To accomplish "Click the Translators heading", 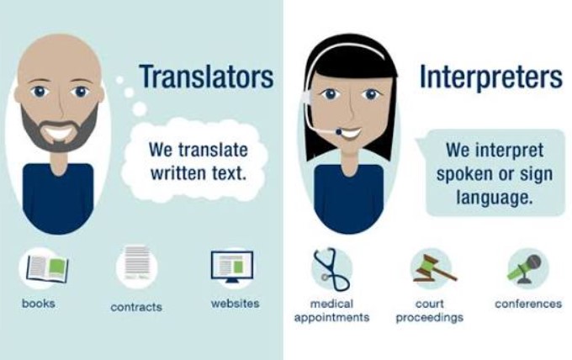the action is [206, 77].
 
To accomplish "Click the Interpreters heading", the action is [491, 77].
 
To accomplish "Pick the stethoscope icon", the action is [331, 269].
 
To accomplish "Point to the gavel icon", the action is [434, 269].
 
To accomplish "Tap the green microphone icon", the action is [525, 269].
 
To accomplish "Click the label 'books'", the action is [39, 303].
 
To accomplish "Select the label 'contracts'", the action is [136, 307].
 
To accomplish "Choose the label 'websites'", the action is [236, 303].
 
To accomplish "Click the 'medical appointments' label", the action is [331, 310].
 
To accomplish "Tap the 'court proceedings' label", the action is [430, 310].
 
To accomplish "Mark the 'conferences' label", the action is [528, 304].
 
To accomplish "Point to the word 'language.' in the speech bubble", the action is [495, 198].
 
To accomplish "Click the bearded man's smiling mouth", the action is [60, 132].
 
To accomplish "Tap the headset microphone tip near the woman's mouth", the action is [339, 132].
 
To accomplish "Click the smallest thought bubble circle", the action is [119, 80].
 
